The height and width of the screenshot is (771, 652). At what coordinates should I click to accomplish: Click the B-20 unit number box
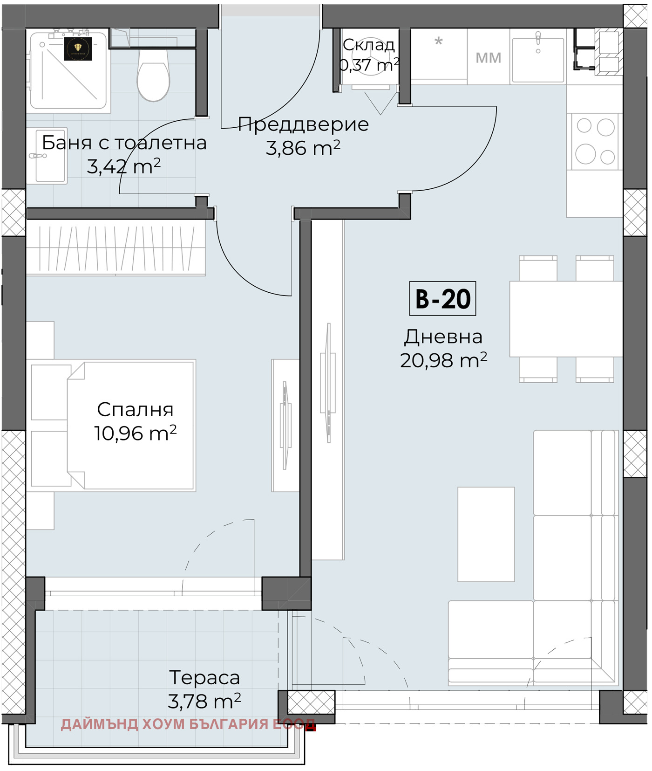coord(442,298)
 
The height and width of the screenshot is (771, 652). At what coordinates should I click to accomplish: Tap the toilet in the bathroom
coord(153,75)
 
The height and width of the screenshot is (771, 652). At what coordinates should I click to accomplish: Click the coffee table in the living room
coord(486,534)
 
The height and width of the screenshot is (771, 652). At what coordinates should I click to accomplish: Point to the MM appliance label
coord(488,58)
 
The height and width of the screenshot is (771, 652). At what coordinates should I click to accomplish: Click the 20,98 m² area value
coord(443,360)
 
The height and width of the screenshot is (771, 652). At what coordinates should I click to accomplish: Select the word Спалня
coord(135,410)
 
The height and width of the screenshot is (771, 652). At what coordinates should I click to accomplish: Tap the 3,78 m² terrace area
coord(204,701)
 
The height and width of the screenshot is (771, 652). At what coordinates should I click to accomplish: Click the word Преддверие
coord(303,124)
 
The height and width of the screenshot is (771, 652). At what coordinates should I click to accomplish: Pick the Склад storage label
coord(368,45)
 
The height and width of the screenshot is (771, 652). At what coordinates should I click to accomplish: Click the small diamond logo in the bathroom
coord(78,48)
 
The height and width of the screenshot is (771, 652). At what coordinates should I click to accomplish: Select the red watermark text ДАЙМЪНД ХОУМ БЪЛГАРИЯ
coord(166,724)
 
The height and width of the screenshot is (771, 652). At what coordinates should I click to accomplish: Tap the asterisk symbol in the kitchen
coord(438,41)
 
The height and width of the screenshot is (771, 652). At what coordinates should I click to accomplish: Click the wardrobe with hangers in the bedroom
coord(115,248)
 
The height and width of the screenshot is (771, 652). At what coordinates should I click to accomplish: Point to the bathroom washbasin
coord(46,155)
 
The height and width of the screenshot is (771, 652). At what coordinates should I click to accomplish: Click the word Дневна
coord(443,337)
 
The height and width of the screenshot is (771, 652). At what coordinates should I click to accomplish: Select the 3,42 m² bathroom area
coord(123,166)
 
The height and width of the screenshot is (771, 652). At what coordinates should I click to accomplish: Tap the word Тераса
coord(204,678)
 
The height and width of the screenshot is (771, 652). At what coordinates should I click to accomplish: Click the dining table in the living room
coord(566,319)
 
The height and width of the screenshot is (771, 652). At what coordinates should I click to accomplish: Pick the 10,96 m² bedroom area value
coord(135,434)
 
